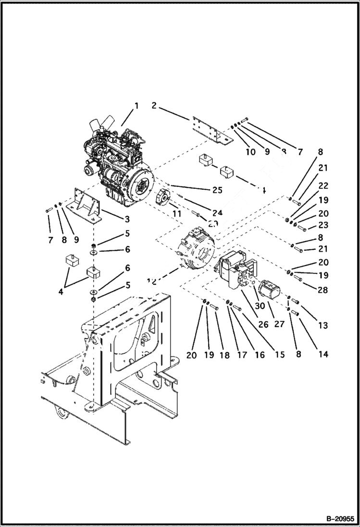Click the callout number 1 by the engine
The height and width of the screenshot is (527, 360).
[137, 106]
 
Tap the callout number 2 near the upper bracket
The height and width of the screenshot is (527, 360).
[154, 105]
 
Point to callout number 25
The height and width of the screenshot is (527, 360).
[217, 190]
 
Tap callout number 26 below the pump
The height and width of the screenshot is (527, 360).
[263, 325]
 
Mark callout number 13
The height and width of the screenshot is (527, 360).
[323, 325]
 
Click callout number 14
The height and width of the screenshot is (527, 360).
[323, 354]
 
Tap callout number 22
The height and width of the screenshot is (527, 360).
[323, 186]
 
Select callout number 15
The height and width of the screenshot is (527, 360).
[279, 355]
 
